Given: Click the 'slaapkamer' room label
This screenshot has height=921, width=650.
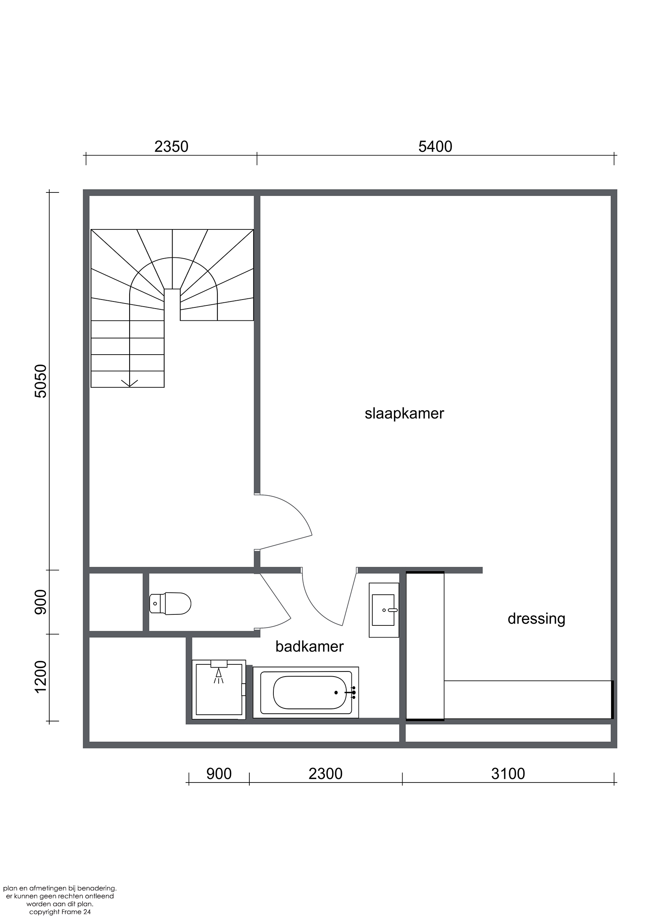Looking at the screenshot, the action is tap(404, 414).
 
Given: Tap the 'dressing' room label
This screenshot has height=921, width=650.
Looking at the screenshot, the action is tap(537, 619).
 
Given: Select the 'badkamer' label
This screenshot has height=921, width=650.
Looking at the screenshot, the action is tap(310, 647).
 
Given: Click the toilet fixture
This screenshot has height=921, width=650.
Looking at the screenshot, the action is tap(170, 603).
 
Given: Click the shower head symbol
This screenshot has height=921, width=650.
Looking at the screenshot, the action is tap(218, 676).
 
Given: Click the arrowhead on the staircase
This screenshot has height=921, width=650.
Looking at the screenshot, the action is tap(129, 383).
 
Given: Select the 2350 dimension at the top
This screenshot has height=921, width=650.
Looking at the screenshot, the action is tap(171, 147).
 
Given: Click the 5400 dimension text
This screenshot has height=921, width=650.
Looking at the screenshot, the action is tap(435, 147).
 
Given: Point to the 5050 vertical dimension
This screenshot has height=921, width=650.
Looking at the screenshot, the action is tap(41, 381).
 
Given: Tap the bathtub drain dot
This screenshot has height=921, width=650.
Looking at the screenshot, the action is tap(336, 693).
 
